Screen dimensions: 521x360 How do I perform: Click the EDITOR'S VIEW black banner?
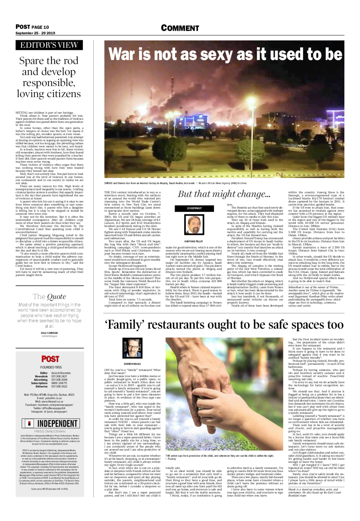[49, 45]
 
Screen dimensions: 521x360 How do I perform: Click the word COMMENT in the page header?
[180, 28]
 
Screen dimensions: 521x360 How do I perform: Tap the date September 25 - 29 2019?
[35, 33]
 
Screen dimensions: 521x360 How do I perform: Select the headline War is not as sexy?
[225, 54]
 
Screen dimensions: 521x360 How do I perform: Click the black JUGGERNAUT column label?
[194, 208]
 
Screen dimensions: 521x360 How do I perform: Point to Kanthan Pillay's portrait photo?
[194, 224]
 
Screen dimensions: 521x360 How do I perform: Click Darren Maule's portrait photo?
[132, 348]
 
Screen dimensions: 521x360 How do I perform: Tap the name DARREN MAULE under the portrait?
[132, 364]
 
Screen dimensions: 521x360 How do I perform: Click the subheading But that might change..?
[224, 194]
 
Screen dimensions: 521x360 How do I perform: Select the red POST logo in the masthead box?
[50, 359]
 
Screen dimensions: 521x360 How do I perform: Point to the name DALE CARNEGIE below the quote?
[49, 333]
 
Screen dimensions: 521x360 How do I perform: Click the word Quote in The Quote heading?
[56, 297]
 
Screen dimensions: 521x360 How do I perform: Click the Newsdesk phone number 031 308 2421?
[59, 376]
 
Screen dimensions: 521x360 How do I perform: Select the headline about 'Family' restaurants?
[224, 325]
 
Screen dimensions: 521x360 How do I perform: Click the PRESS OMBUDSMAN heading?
[50, 431]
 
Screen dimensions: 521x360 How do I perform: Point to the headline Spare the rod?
[49, 77]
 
